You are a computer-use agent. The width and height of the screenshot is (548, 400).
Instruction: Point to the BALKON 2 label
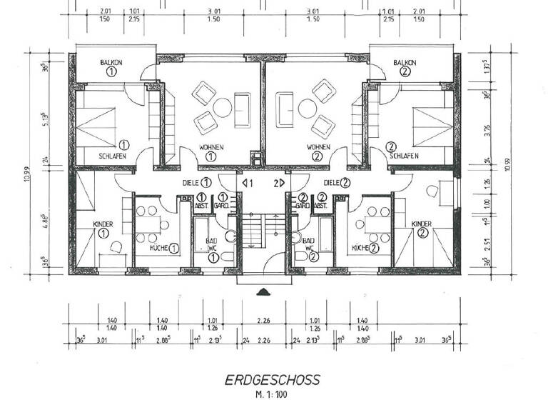click(x=405, y=67)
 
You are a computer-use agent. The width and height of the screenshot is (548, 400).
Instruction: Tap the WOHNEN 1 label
click(x=211, y=151)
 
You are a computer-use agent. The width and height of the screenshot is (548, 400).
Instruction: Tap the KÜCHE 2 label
click(x=364, y=247)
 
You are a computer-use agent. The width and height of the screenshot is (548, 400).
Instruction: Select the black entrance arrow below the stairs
click(x=264, y=291)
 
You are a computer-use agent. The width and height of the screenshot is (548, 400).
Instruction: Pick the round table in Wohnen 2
click(x=308, y=108)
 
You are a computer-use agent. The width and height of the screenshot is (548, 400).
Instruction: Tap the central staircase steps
click(x=264, y=229)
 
